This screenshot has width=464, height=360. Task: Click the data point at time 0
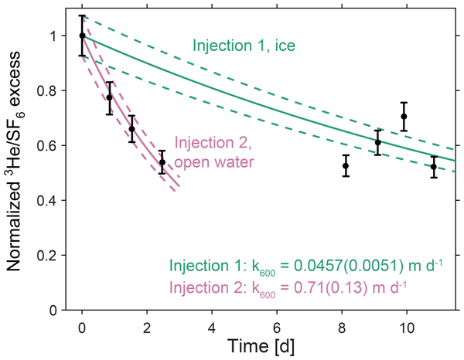pyautogui.click(x=83, y=36)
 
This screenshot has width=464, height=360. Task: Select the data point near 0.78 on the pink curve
pyautogui.click(x=110, y=97)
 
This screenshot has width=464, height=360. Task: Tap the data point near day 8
pyautogui.click(x=346, y=165)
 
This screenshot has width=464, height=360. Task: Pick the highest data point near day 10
pyautogui.click(x=404, y=117)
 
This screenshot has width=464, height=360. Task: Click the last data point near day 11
pyautogui.click(x=434, y=166)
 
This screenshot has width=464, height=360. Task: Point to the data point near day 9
pyautogui.click(x=378, y=143)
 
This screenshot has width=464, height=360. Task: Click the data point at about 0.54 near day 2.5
pyautogui.click(x=162, y=162)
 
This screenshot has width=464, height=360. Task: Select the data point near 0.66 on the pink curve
pyautogui.click(x=132, y=129)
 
